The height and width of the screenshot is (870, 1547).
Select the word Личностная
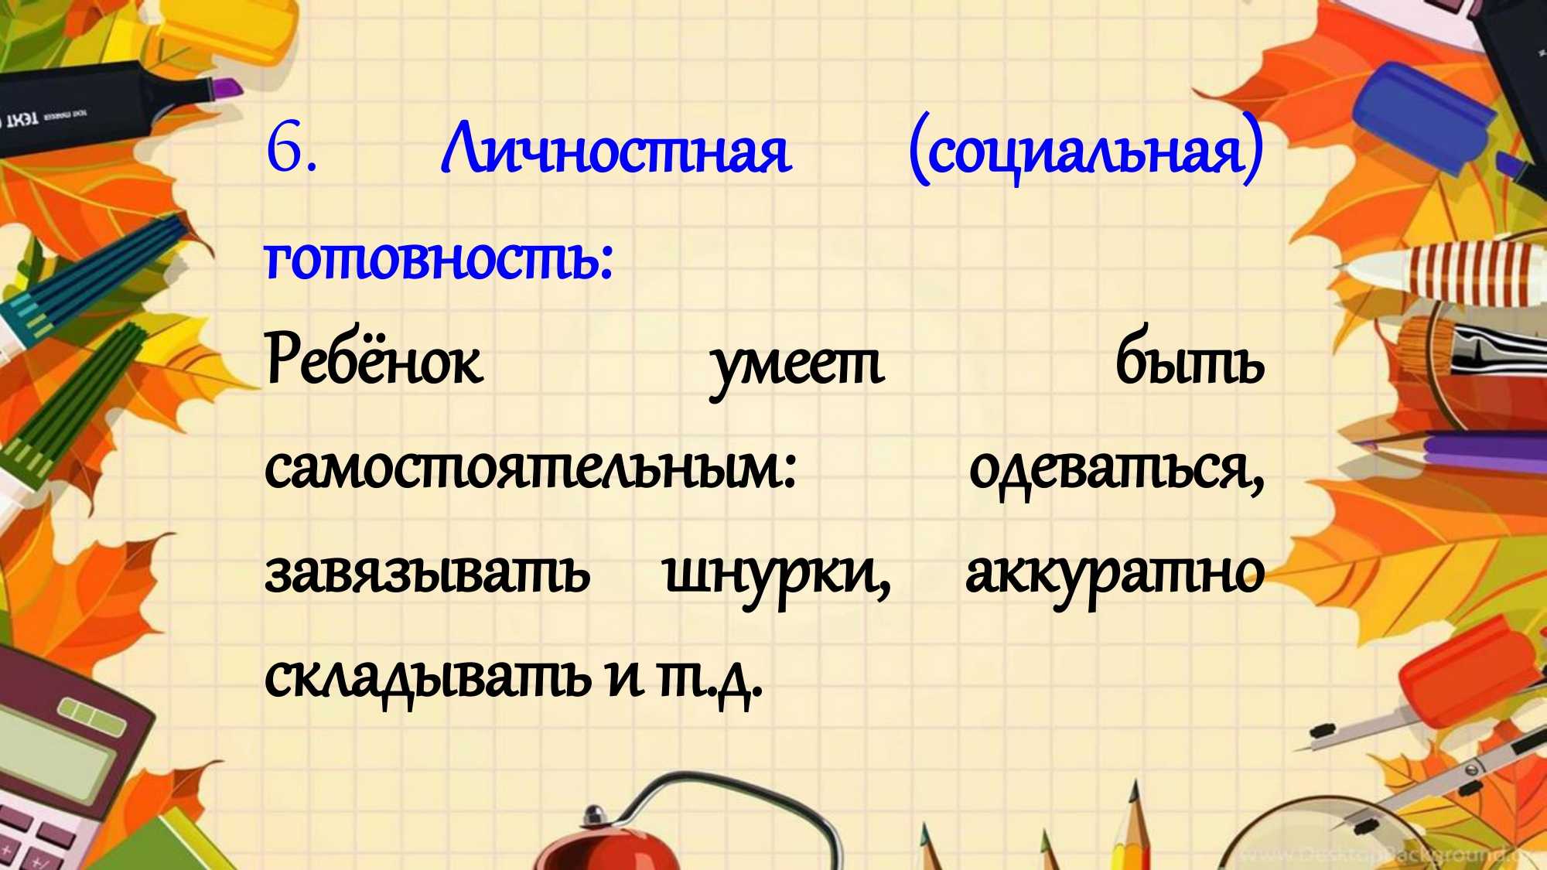tap(616, 148)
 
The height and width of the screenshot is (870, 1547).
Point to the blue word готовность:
tap(439, 258)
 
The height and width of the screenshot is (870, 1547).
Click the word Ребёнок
tap(374, 357)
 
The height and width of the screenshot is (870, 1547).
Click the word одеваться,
tap(1117, 470)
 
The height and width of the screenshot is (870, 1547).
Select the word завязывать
tap(427, 573)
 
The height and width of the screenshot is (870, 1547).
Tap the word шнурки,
tap(777, 577)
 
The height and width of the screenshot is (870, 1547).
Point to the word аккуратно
tap(1115, 577)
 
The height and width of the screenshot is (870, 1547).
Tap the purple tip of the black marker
tap(227, 87)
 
